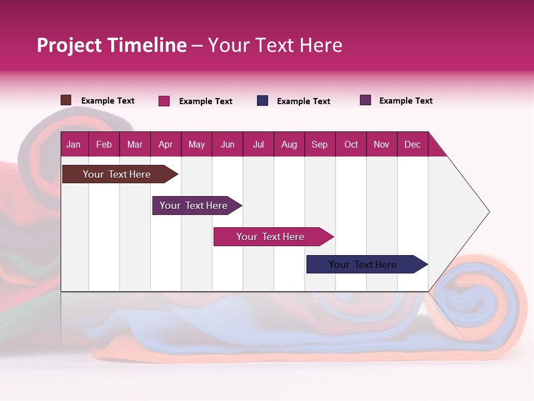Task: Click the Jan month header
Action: tap(73, 144)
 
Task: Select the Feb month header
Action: tap(104, 144)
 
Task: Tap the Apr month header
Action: tap(165, 144)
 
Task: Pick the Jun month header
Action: tap(228, 144)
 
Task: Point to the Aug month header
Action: tap(289, 144)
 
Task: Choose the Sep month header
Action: tap(319, 144)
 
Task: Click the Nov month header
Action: tap(382, 144)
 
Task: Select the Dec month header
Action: tap(412, 144)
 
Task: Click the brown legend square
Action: tap(66, 100)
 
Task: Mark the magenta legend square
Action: tap(164, 101)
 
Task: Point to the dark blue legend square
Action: tap(263, 101)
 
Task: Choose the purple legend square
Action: tap(365, 100)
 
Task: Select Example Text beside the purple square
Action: tap(406, 101)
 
